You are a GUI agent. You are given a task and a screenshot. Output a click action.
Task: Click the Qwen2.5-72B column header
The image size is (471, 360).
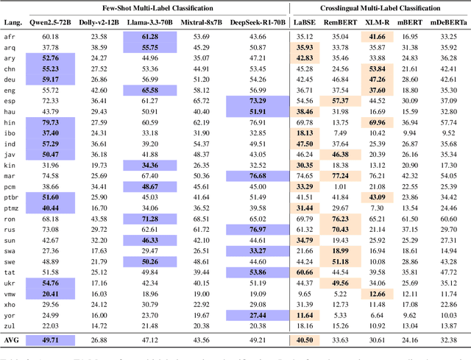pyautogui.click(x=51, y=24)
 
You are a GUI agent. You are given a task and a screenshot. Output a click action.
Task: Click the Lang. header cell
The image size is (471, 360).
pyautogui.click(x=12, y=24)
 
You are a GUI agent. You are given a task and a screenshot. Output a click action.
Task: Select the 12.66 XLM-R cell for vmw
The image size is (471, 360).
pyautogui.click(x=378, y=293)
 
